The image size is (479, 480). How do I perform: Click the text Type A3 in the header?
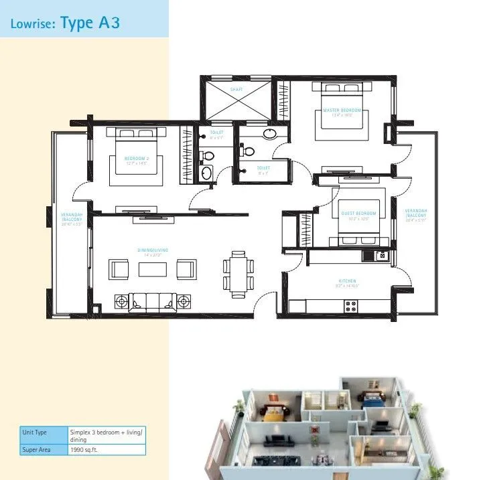click(90, 23)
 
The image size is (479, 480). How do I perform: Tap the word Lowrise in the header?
click(33, 24)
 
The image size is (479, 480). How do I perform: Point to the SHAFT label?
click(236, 89)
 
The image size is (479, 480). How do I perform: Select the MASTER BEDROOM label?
click(342, 110)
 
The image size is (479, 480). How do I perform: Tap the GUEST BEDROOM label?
click(358, 214)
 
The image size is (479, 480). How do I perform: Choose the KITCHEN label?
click(347, 281)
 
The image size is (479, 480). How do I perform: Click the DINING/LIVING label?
click(153, 251)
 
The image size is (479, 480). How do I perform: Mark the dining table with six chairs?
click(238, 274)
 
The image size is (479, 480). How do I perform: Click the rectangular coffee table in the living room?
click(153, 269)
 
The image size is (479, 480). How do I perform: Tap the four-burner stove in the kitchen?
click(351, 306)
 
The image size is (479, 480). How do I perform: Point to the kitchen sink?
click(381, 255)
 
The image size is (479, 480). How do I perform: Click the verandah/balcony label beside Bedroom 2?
click(70, 219)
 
